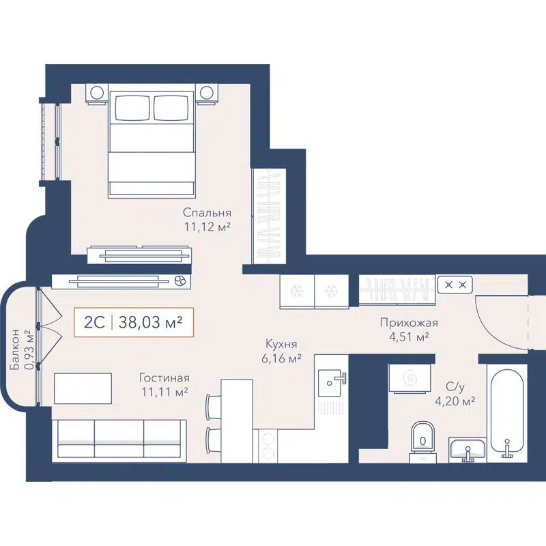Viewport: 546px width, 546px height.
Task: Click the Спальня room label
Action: pos(207,212)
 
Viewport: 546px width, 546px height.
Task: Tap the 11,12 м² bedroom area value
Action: pos(206,227)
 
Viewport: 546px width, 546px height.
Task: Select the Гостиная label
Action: pos(164,377)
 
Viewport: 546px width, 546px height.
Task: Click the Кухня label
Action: pos(283,345)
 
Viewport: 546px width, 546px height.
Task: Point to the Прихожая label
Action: pos(409,323)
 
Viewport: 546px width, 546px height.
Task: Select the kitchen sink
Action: pos(332,378)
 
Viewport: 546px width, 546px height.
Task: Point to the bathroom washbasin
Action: pos(468,448)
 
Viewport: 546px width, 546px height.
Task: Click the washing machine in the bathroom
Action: pos(409,378)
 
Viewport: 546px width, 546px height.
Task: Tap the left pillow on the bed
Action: pos(132,107)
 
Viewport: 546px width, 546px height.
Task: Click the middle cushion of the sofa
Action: pos(119,437)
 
